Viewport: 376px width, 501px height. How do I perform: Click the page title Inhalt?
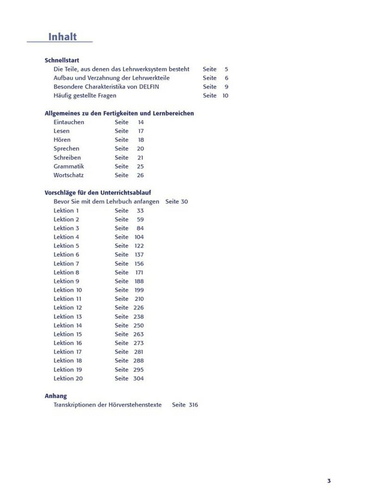click(63, 37)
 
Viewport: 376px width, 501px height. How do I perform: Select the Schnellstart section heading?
click(62, 60)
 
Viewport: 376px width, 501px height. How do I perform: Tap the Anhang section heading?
click(56, 396)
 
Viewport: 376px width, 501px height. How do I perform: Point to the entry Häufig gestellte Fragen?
click(85, 96)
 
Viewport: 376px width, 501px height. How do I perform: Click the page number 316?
click(193, 405)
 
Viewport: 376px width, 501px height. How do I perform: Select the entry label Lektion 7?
click(66, 263)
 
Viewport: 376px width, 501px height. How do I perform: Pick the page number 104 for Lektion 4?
click(139, 237)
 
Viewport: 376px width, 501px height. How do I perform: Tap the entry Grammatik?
click(69, 167)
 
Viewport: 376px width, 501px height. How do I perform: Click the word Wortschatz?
click(69, 175)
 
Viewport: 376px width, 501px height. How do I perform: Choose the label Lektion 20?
click(68, 379)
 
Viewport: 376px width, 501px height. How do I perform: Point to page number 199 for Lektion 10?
click(139, 290)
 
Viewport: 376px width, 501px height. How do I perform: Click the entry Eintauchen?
click(69, 122)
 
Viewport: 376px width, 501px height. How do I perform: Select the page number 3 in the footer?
click(329, 481)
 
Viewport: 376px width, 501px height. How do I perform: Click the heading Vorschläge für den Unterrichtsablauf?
click(98, 193)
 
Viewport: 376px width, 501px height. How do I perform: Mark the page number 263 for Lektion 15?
click(139, 334)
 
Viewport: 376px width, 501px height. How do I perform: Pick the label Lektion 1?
click(66, 211)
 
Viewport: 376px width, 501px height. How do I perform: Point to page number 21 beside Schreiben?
click(140, 158)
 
